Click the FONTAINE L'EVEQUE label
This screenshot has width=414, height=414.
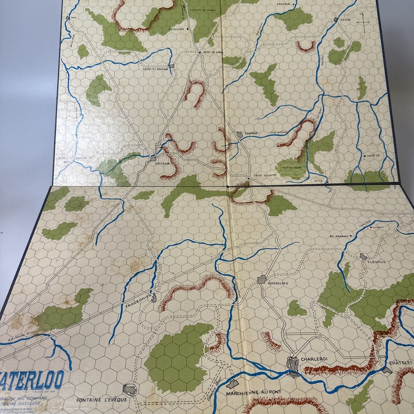click(101, 400)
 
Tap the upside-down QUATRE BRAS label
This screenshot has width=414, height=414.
click(261, 180)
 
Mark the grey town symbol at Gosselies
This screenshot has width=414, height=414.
click(262, 280)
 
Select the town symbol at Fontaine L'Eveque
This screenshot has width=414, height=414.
click(130, 389)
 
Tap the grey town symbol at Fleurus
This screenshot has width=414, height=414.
click(364, 257)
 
